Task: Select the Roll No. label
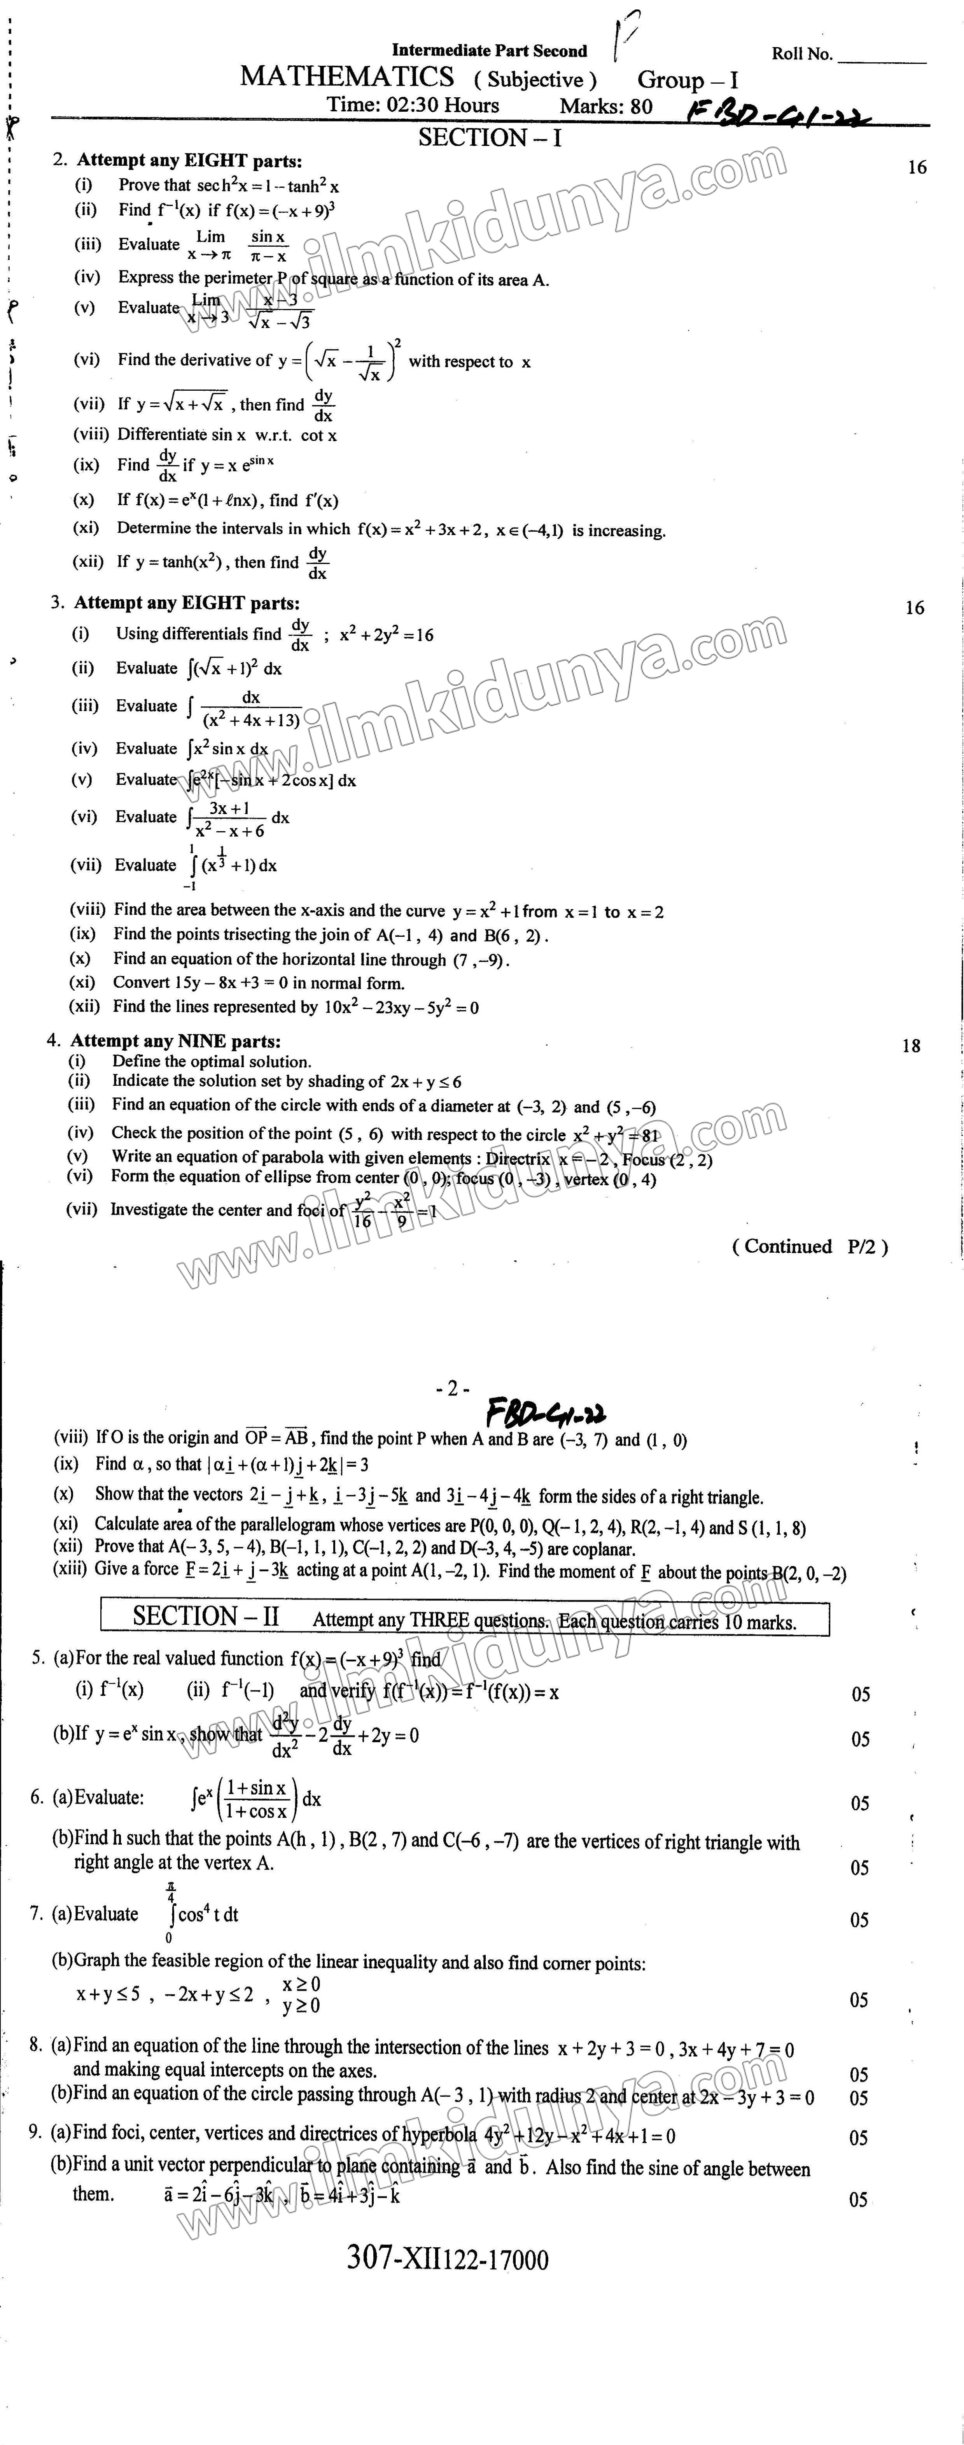pos(802,54)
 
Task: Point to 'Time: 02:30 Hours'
pos(413,105)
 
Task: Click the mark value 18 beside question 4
pos(911,1046)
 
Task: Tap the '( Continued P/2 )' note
pos(809,1246)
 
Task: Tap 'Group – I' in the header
pos(687,81)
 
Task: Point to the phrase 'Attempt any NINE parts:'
pos(175,1041)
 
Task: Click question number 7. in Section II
pos(36,1913)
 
